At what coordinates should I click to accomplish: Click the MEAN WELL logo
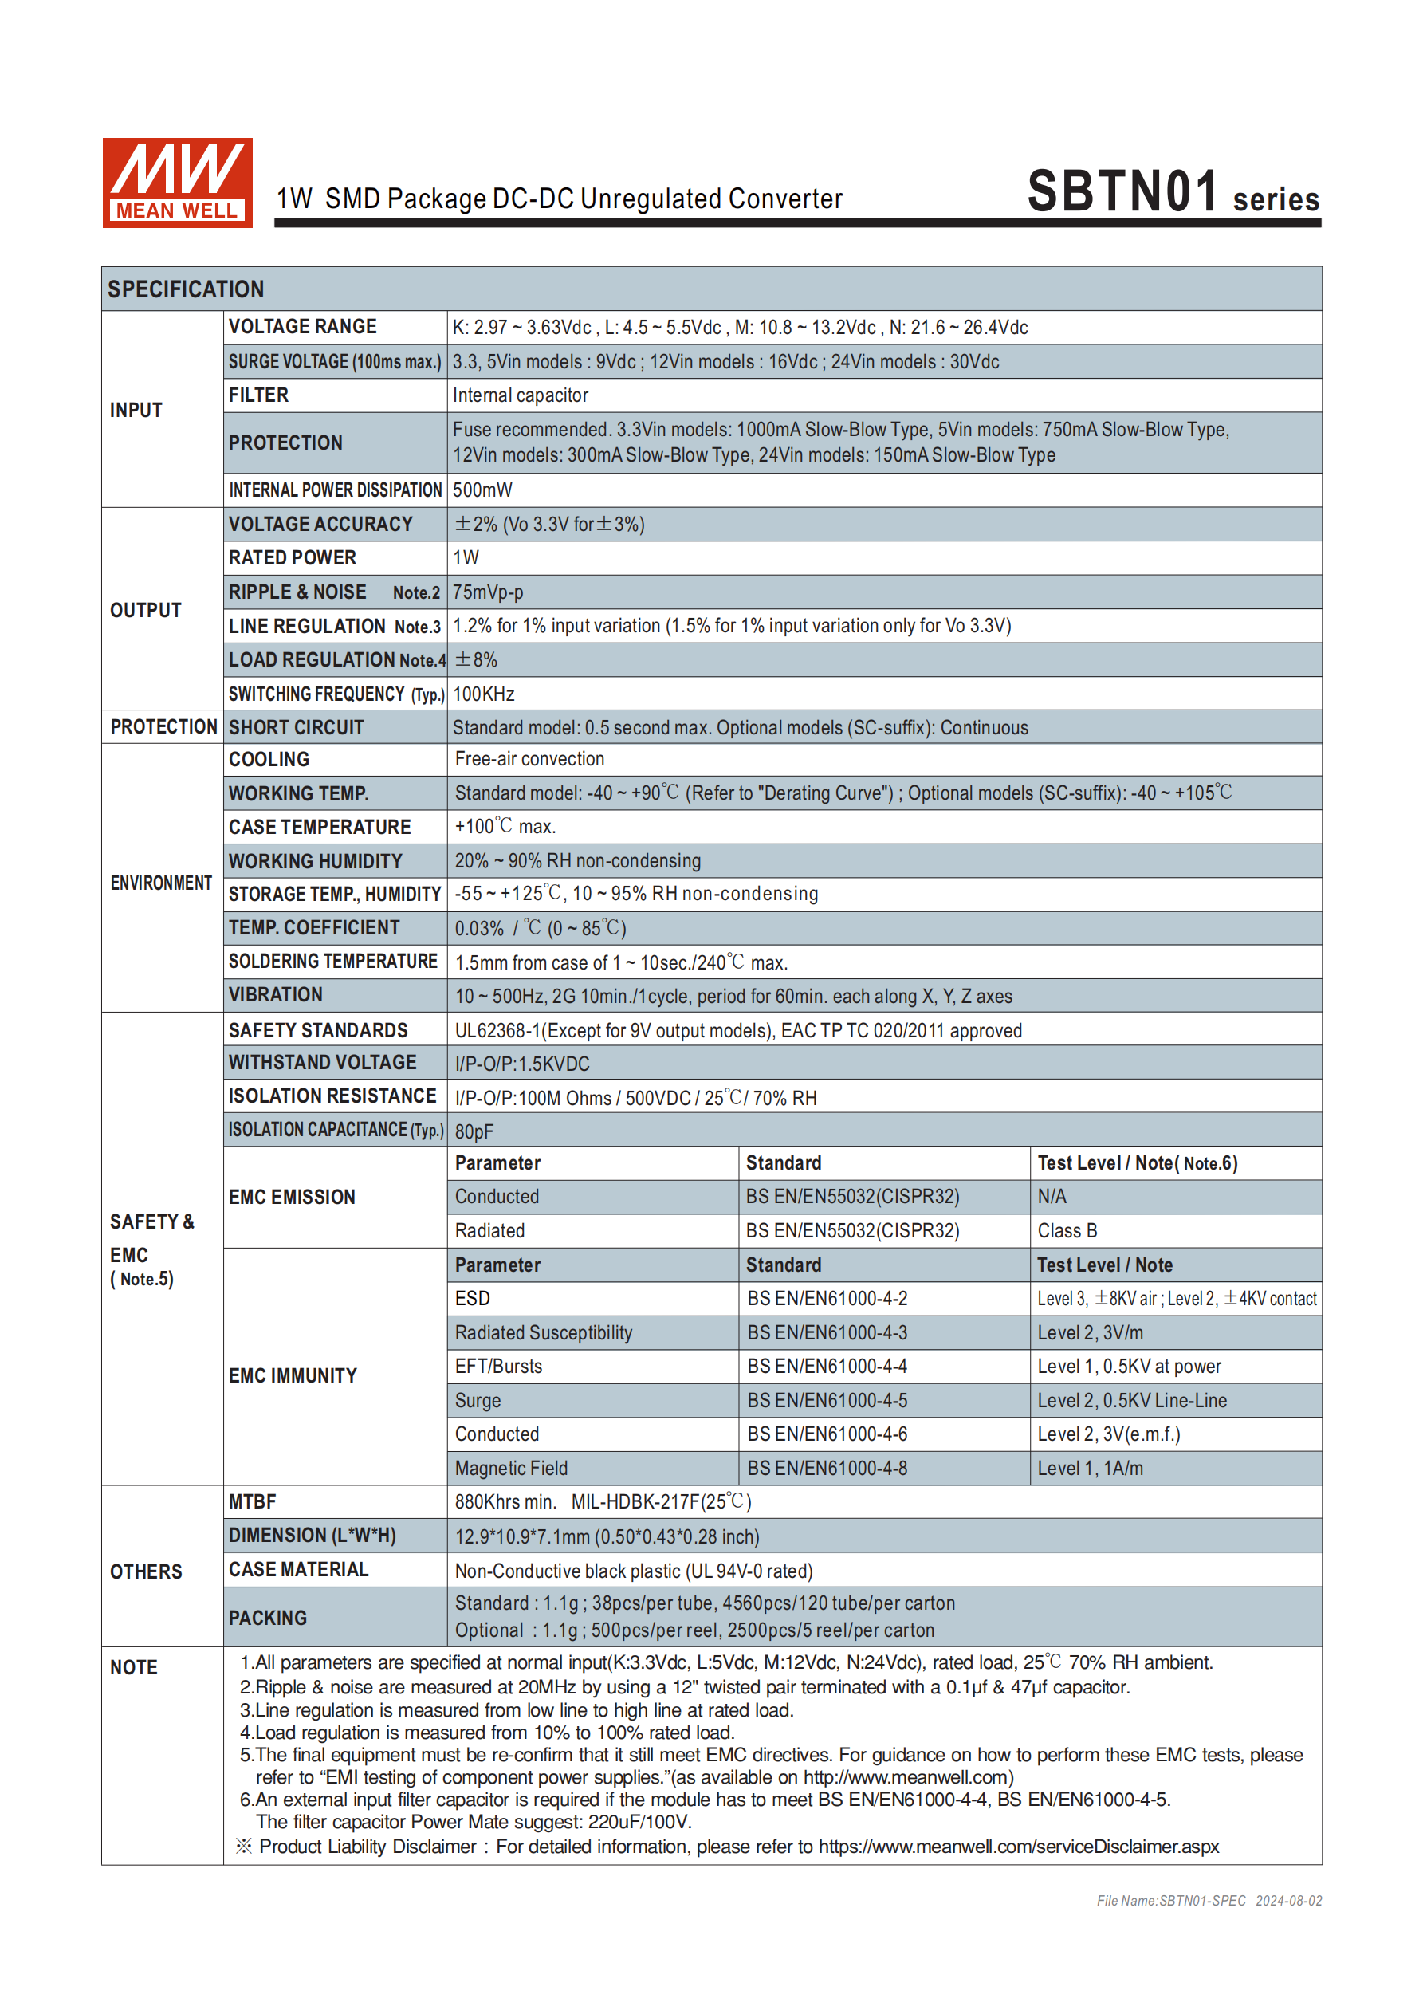point(177,183)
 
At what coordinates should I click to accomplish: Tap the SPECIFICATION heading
point(186,289)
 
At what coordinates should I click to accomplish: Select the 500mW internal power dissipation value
point(482,490)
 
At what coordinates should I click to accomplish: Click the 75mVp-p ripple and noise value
point(488,592)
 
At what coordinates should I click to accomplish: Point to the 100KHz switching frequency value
point(483,694)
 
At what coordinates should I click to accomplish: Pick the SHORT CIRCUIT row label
point(297,727)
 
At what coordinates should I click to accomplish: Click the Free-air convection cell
point(529,759)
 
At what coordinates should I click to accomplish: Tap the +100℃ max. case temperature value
point(505,826)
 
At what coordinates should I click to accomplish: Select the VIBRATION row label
point(276,995)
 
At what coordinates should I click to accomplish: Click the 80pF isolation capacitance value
point(474,1131)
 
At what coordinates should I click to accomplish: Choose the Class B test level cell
point(1067,1231)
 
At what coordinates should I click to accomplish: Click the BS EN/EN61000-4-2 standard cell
point(827,1298)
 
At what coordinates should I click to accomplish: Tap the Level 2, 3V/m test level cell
point(1090,1332)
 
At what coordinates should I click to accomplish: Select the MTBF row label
point(253,1501)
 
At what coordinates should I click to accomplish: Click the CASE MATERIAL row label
point(298,1569)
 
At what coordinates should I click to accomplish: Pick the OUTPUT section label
point(146,610)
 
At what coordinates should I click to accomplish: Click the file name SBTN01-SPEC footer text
point(1170,1901)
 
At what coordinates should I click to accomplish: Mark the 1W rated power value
point(466,558)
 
